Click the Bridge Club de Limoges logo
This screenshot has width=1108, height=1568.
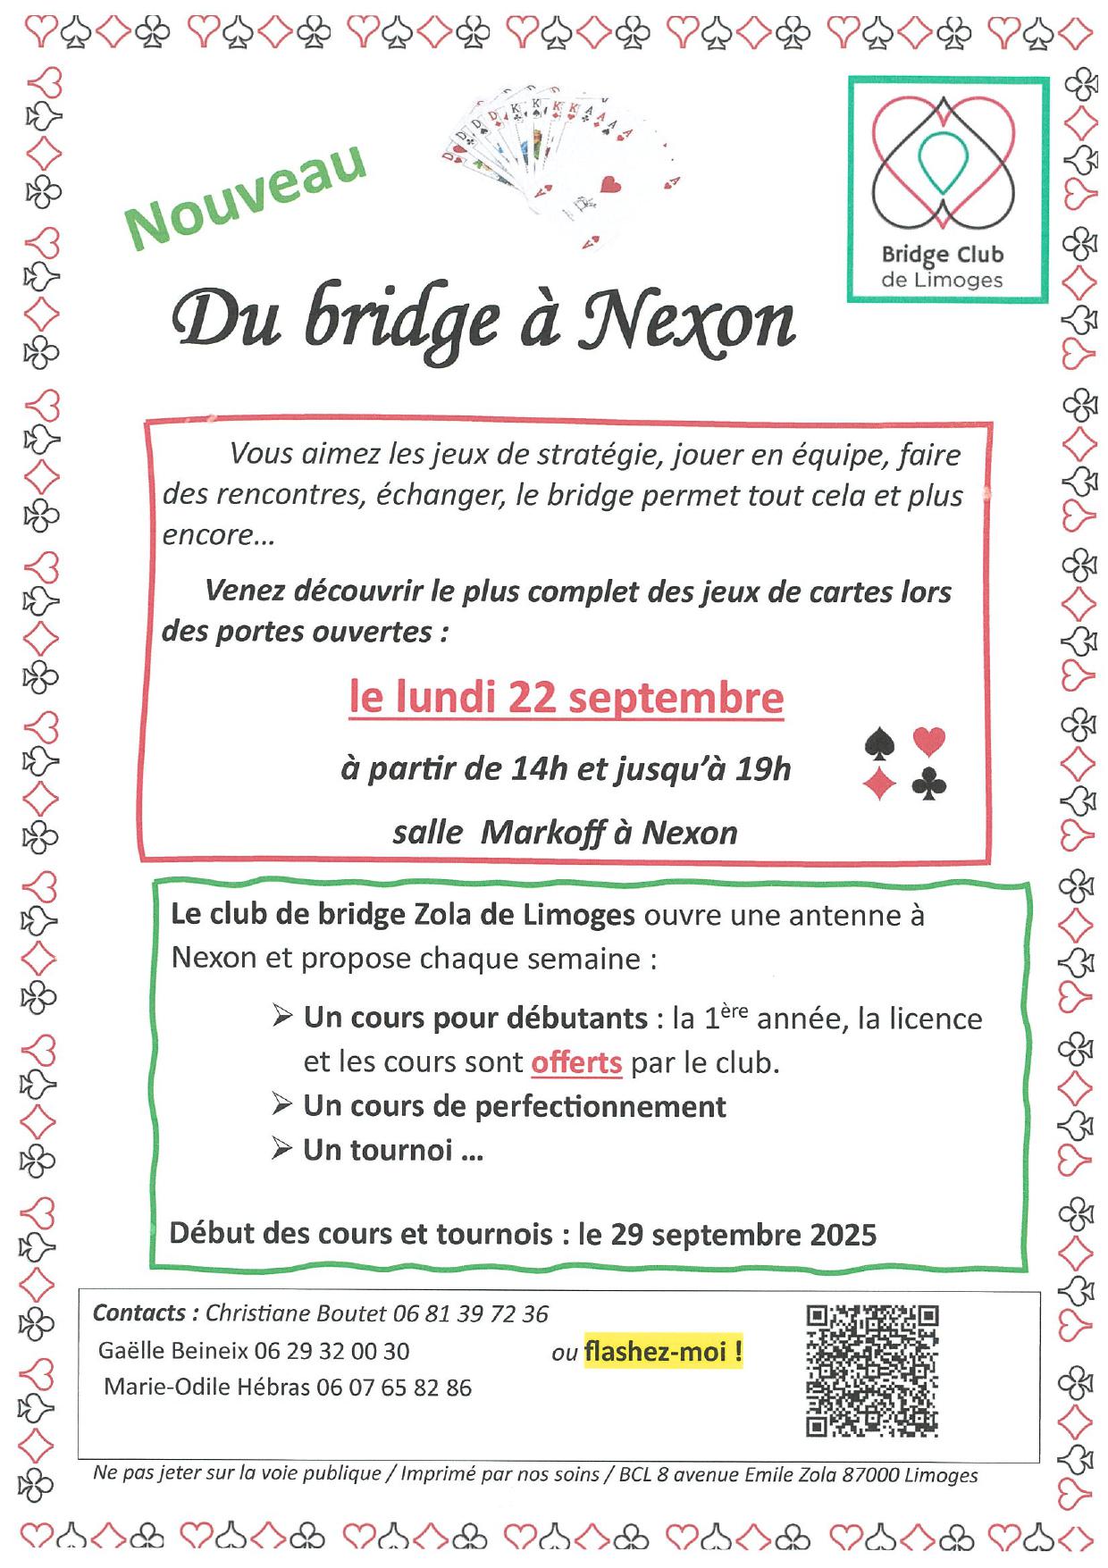click(946, 189)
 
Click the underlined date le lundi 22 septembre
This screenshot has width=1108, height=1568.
click(566, 698)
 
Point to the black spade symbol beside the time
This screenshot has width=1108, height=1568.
click(879, 743)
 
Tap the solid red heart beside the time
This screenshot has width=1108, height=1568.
click(928, 741)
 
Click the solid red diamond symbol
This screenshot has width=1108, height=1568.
click(879, 784)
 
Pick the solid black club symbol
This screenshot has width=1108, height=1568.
click(928, 784)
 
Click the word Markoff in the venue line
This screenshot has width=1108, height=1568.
click(540, 833)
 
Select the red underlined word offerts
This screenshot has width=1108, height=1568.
click(576, 1062)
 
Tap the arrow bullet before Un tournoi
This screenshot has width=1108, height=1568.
click(282, 1149)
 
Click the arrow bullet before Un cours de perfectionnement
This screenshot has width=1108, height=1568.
click(282, 1105)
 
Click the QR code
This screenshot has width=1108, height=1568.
click(872, 1371)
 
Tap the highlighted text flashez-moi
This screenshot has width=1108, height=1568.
click(663, 1352)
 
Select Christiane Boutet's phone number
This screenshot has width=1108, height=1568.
click(471, 1313)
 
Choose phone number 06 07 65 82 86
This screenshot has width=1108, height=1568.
click(394, 1388)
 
